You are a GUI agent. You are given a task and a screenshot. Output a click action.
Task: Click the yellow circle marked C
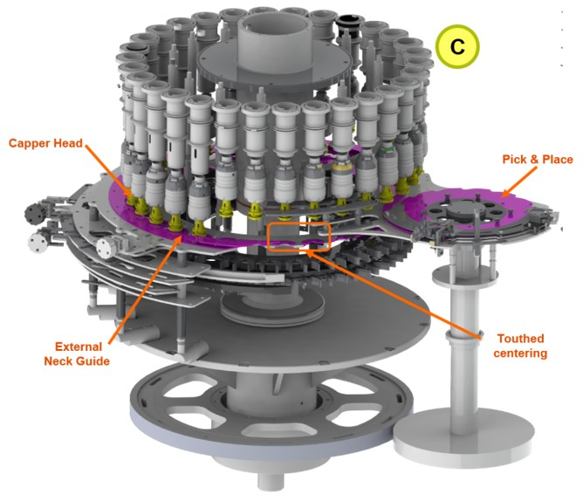[x=457, y=46]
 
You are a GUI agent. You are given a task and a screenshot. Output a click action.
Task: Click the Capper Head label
[x=45, y=143]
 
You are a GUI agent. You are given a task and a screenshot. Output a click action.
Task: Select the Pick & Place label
[x=538, y=160]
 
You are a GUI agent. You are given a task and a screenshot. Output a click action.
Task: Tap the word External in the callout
[x=79, y=347]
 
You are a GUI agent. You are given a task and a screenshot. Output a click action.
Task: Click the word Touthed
[x=520, y=339]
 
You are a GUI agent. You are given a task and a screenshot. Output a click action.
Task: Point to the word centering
[x=520, y=353]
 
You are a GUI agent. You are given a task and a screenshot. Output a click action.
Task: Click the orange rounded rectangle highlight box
[x=299, y=237]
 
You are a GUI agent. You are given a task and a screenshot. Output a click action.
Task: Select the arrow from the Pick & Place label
[x=519, y=182]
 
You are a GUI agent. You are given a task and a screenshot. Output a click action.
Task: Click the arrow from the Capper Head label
[x=108, y=170]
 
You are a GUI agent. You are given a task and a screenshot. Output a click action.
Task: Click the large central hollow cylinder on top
[x=274, y=41]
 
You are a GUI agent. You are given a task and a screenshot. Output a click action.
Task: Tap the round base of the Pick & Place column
[x=463, y=437]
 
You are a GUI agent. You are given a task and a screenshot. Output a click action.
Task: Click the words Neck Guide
[x=77, y=361]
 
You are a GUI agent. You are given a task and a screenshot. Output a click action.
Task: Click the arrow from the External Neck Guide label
[x=145, y=289]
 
